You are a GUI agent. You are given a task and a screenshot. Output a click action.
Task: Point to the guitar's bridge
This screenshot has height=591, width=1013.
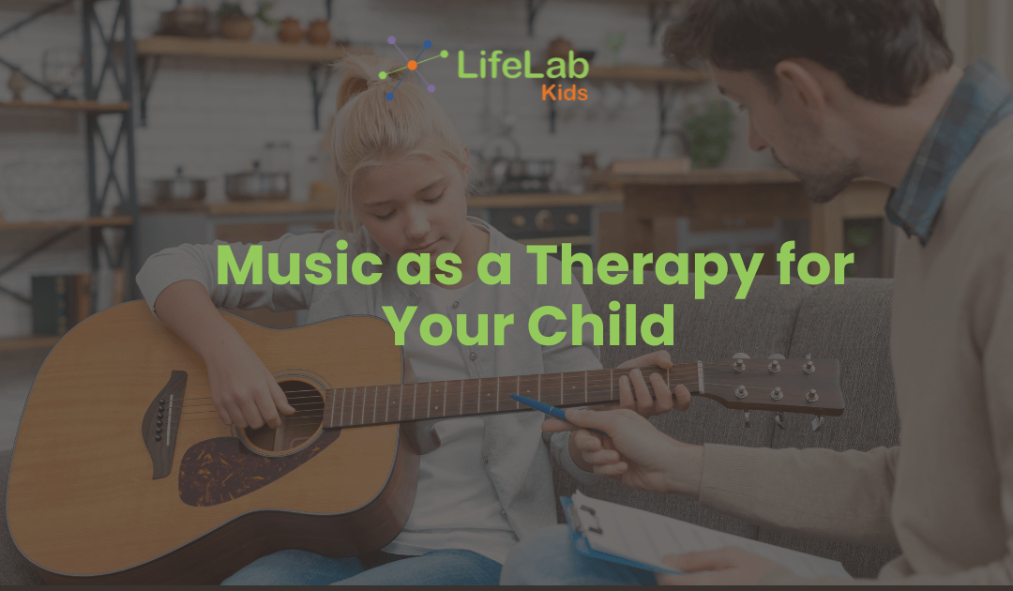162,422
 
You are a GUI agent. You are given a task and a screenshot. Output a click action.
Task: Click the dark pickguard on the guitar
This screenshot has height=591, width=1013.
230,469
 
